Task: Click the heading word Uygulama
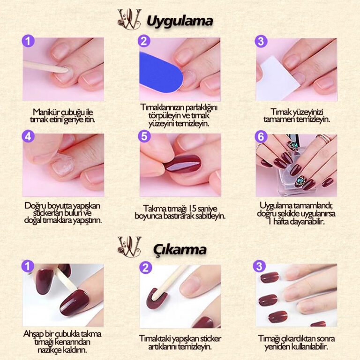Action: click(180, 22)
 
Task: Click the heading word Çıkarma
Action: click(180, 249)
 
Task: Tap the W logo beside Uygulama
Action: click(129, 19)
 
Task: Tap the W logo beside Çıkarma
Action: click(129, 247)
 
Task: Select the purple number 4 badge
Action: click(28, 136)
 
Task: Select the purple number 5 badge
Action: click(144, 136)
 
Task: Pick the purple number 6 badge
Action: click(261, 137)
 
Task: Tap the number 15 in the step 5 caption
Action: click(193, 209)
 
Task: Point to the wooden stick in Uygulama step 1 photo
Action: click(45, 67)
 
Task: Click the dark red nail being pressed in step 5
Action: click(183, 164)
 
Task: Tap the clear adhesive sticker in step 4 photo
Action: click(61, 164)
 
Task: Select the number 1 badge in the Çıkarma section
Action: click(28, 266)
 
